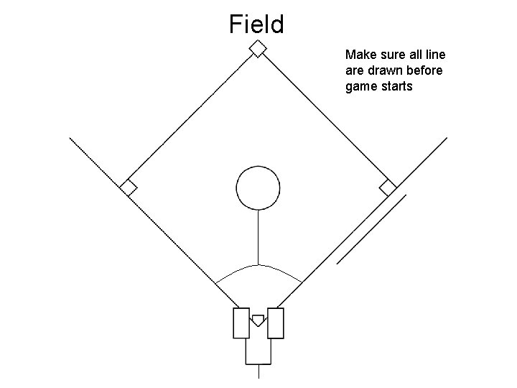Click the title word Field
(x=257, y=24)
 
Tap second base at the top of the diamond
(x=257, y=48)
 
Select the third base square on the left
(x=129, y=188)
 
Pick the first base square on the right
(x=388, y=188)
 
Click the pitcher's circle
(x=258, y=186)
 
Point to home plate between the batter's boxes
(x=258, y=319)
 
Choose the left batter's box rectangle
(x=241, y=323)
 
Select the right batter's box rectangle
(x=276, y=323)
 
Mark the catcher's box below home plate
(x=258, y=350)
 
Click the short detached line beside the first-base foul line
(x=372, y=228)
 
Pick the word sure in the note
(x=390, y=55)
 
